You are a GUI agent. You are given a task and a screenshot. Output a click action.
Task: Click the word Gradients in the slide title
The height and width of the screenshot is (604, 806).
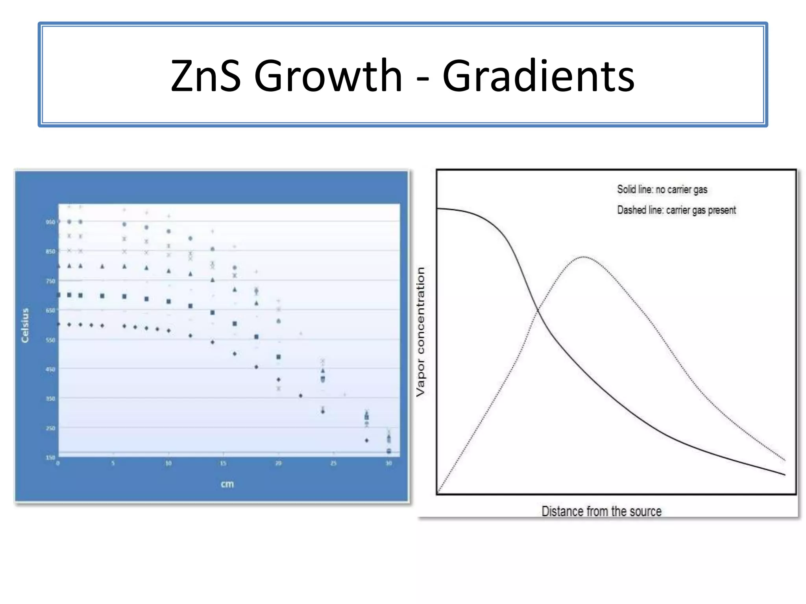coord(538,75)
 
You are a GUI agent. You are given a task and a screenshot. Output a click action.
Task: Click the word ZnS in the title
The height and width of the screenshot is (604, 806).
coord(205,75)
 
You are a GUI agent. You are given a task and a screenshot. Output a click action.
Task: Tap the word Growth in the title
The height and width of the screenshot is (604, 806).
coord(328,75)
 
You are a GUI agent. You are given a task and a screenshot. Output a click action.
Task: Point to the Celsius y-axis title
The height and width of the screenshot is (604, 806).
coord(25,325)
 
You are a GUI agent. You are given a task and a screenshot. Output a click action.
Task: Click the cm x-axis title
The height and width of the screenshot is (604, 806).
coord(227,484)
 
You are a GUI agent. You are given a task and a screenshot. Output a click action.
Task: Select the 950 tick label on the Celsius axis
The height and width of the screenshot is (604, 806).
coord(50,222)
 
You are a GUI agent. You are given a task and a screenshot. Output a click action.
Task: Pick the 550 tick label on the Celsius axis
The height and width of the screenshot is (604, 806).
coord(50,340)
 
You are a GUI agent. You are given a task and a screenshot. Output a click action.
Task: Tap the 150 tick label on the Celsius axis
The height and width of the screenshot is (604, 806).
coord(50,457)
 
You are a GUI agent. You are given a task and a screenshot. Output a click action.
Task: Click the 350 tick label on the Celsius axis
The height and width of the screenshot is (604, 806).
coord(50,399)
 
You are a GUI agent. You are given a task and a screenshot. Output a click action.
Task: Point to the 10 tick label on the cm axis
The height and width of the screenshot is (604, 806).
coord(168,464)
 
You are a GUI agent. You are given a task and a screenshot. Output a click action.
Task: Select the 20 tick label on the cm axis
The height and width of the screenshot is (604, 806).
coord(278,464)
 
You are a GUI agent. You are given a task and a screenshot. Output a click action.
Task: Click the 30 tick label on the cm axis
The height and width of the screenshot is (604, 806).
coord(388,464)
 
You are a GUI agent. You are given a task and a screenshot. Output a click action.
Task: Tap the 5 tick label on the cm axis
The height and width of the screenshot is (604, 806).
coord(113,464)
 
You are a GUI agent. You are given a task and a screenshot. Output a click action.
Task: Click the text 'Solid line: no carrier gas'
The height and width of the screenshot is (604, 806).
coord(662,190)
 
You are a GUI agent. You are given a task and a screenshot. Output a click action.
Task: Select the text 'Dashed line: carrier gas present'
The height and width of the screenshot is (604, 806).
coord(676,210)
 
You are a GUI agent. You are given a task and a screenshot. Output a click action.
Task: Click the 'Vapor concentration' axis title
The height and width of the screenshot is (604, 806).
coord(421,331)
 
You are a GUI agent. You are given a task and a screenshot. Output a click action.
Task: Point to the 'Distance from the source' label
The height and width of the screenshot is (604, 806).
coord(601,511)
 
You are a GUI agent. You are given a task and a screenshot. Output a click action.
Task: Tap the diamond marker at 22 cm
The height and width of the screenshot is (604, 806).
coord(301,396)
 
